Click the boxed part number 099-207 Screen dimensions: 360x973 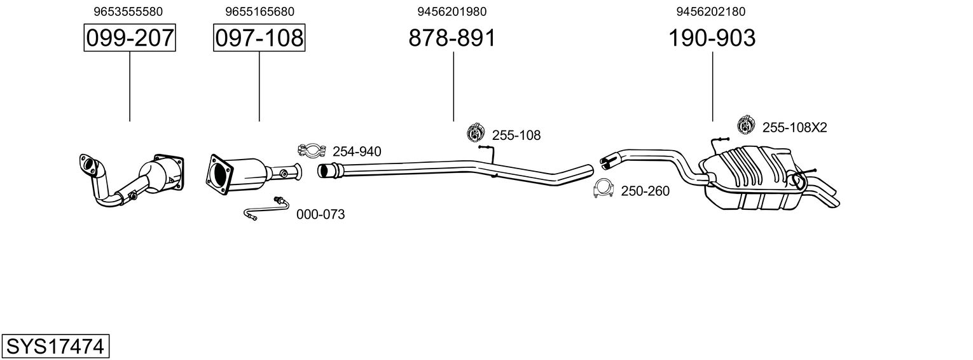pyautogui.click(x=130, y=38)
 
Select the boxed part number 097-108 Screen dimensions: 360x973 pyautogui.click(x=259, y=38)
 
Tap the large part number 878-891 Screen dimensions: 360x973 pyautogui.click(x=452, y=38)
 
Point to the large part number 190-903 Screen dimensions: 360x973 pyautogui.click(x=712, y=38)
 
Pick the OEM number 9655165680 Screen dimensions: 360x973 pyautogui.click(x=259, y=11)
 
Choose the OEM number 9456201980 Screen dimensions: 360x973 pyautogui.click(x=452, y=11)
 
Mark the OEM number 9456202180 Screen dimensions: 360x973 pyautogui.click(x=712, y=11)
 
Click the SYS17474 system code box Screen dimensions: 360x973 pyautogui.click(x=55, y=347)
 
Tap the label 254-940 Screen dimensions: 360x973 pyautogui.click(x=357, y=151)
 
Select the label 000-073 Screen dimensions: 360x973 pyautogui.click(x=321, y=215)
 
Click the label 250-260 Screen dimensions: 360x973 pyautogui.click(x=645, y=191)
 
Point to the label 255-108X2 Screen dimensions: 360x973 pyautogui.click(x=794, y=128)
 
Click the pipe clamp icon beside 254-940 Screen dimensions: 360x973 pyautogui.click(x=311, y=151)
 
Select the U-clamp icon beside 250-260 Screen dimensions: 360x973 pyautogui.click(x=602, y=189)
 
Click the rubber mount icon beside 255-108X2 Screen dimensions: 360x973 pyautogui.click(x=745, y=126)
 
